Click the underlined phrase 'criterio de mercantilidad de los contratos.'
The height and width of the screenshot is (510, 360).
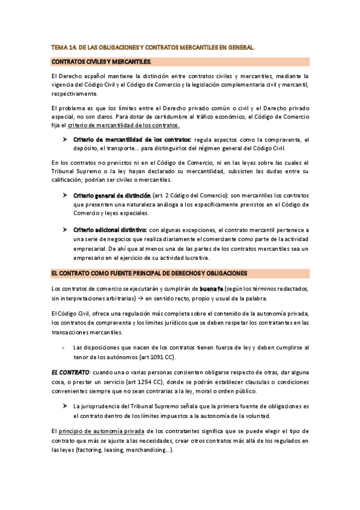123,125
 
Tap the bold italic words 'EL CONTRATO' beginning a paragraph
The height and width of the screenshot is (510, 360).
70,373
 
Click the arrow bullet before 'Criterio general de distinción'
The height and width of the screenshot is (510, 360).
65,195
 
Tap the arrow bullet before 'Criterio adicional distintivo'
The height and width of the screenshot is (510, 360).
65,230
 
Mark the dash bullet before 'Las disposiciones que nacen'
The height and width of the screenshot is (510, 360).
63,348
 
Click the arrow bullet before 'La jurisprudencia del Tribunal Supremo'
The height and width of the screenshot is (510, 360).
65,407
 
